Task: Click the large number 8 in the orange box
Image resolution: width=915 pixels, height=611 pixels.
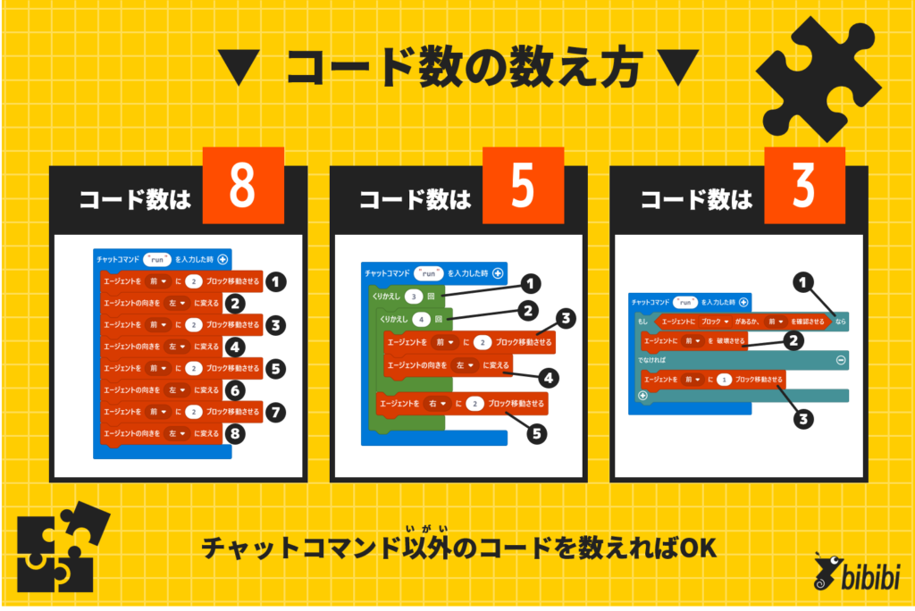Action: point(242,186)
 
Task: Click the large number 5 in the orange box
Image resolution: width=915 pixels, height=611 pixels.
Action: point(523,186)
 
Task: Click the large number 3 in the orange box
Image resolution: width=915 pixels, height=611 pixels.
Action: point(803,186)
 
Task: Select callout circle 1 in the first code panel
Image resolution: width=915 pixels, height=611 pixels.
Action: point(277,282)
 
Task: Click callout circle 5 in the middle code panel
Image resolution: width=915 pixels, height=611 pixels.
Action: point(536,435)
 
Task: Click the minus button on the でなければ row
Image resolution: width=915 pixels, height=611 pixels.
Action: point(839,359)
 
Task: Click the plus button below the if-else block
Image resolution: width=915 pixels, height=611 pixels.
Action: point(642,395)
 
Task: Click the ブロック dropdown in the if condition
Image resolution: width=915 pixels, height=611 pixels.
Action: point(714,320)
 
